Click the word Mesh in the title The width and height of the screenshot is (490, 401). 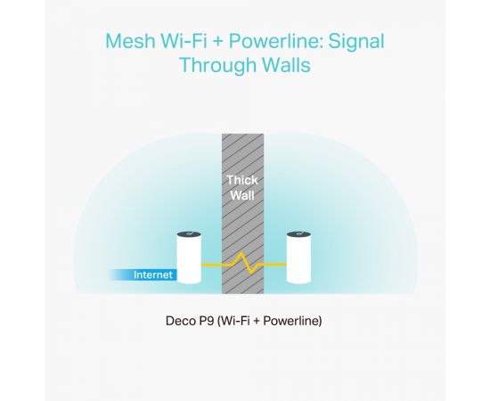pos(130,41)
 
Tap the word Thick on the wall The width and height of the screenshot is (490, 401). pos(242,180)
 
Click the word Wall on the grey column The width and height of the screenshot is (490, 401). pos(242,196)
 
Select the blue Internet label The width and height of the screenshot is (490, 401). pos(153,274)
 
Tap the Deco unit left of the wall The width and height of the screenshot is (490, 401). pos(189,258)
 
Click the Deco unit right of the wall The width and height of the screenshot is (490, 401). pos(298,258)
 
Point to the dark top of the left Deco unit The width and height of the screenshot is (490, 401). pos(189,234)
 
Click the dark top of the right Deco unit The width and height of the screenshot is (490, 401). pos(298,234)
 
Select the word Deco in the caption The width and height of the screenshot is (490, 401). pos(178,321)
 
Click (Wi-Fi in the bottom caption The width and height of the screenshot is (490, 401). pos(233,321)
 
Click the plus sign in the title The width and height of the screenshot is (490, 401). pos(218,42)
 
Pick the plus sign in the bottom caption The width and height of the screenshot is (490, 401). pos(257,322)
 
